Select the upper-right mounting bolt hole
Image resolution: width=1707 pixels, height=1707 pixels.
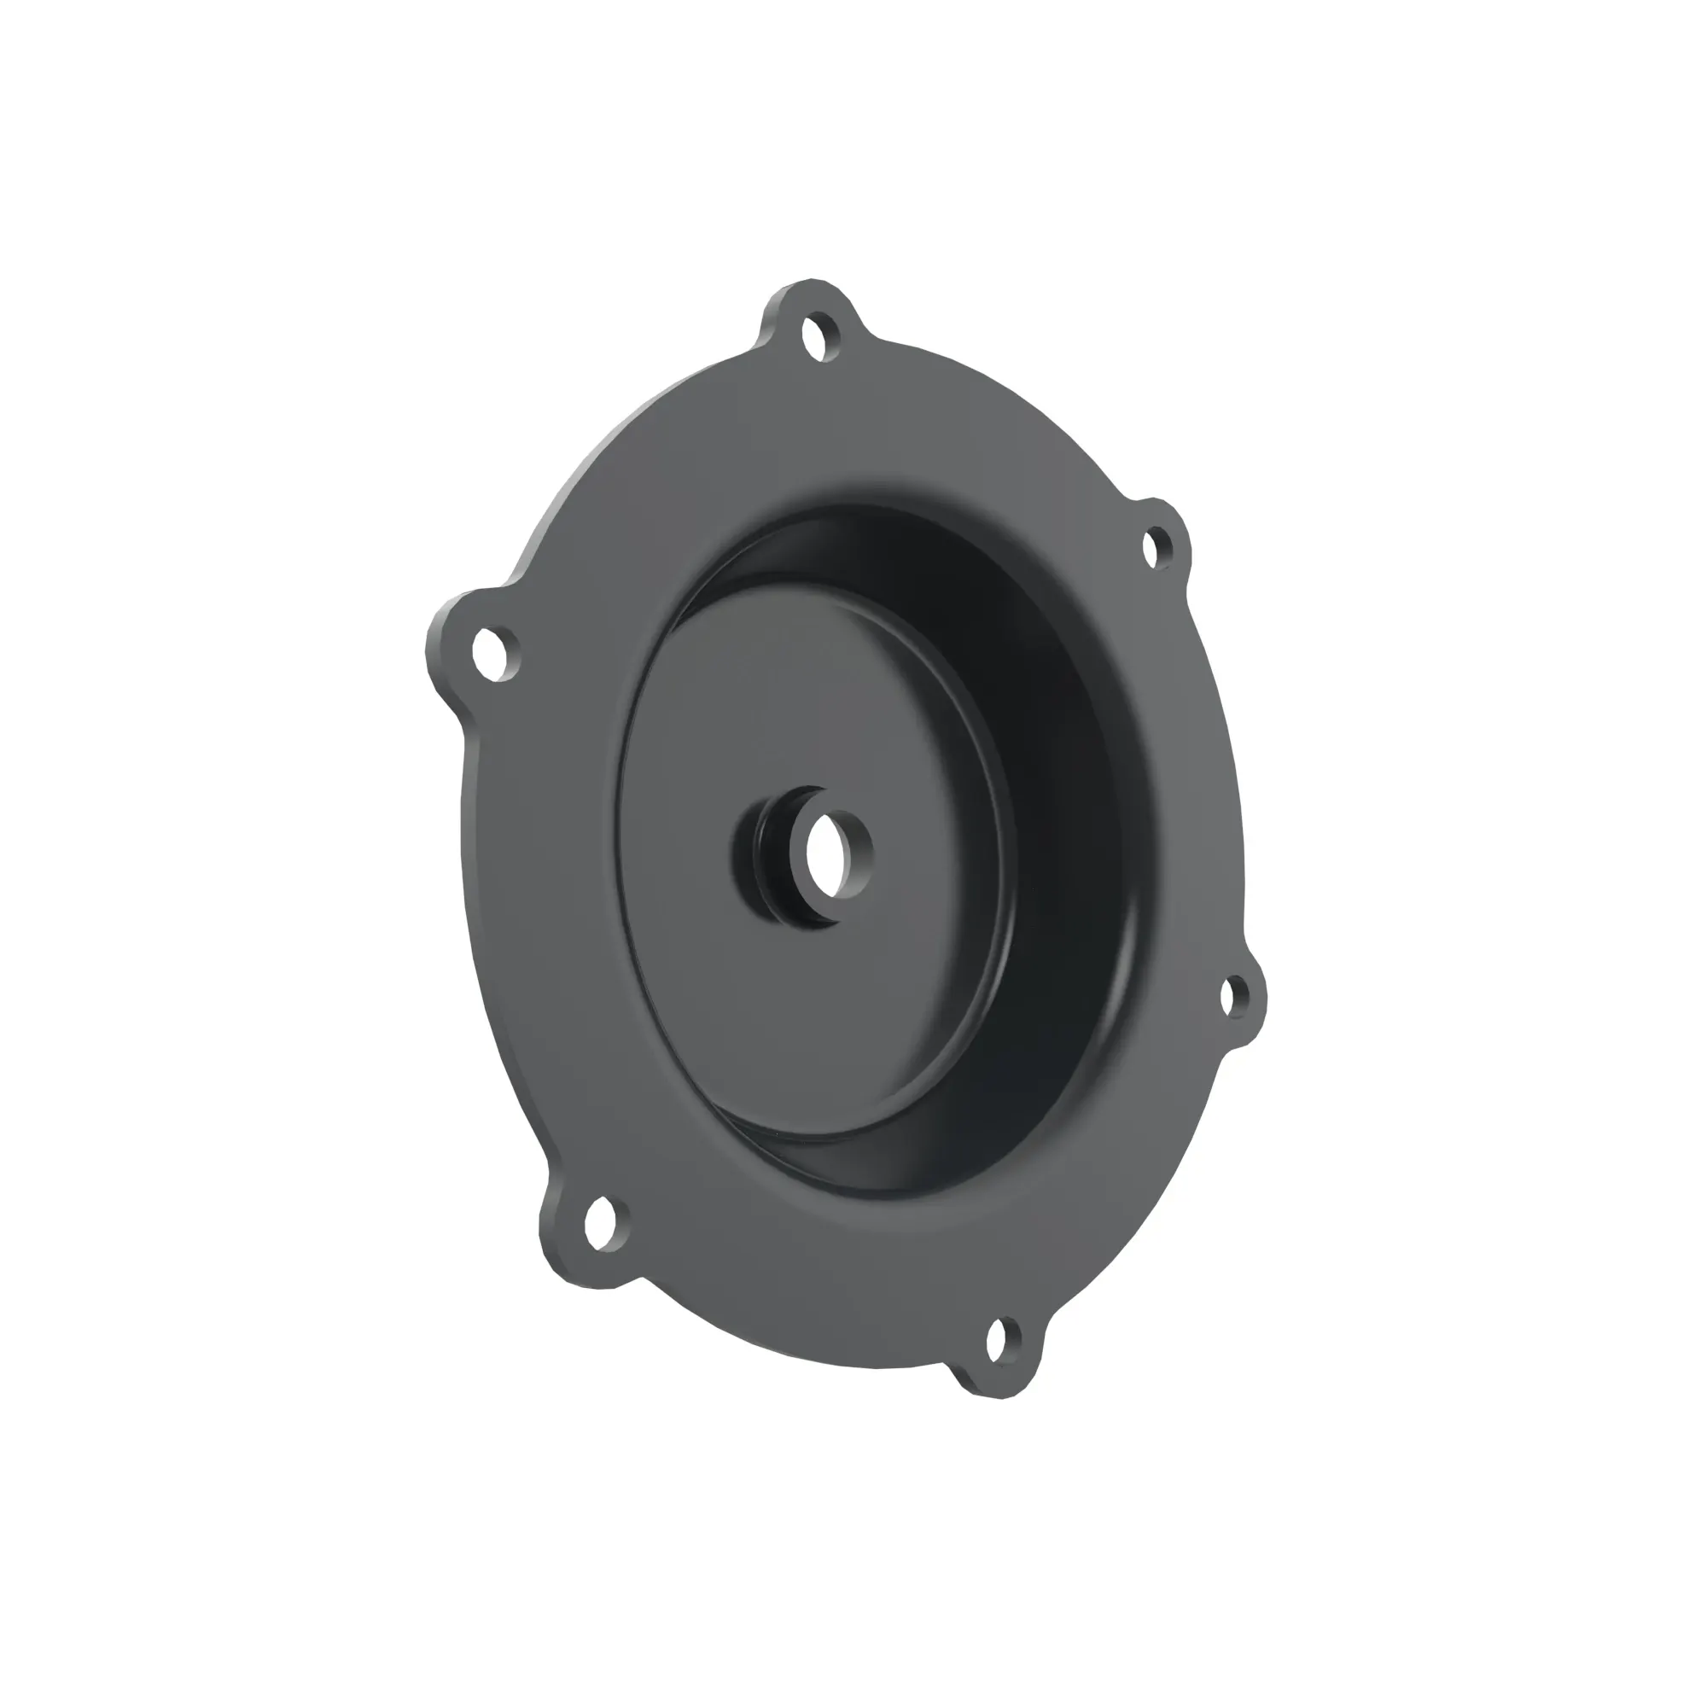click(x=1157, y=546)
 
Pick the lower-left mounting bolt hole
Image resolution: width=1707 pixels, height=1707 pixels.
click(x=602, y=1226)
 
